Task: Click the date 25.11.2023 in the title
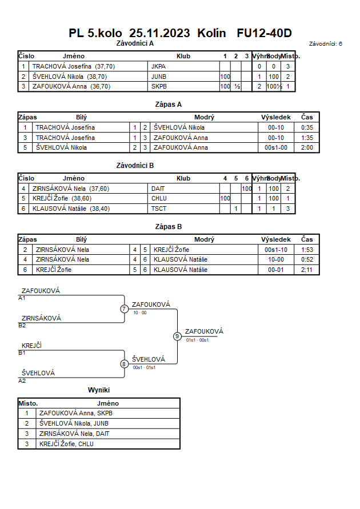click(x=159, y=33)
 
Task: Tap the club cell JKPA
click(x=158, y=66)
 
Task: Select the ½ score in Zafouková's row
click(x=237, y=86)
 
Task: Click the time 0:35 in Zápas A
click(x=307, y=127)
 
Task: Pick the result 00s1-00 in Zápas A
click(x=276, y=147)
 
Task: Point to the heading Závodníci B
click(x=135, y=165)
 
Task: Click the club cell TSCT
click(x=159, y=209)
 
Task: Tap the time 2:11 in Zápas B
click(x=307, y=270)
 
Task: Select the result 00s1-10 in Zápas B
click(x=276, y=250)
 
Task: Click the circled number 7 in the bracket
click(x=124, y=308)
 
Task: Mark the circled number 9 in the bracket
click(x=177, y=336)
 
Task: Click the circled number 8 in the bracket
click(x=124, y=364)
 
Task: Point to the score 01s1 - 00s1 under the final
click(x=197, y=340)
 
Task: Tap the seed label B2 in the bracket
click(x=22, y=325)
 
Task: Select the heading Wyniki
click(x=99, y=390)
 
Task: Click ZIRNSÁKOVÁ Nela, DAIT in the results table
click(x=74, y=434)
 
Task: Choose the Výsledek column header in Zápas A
click(x=276, y=117)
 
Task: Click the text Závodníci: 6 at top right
click(x=325, y=43)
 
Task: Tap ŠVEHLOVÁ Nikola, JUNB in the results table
click(x=74, y=423)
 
